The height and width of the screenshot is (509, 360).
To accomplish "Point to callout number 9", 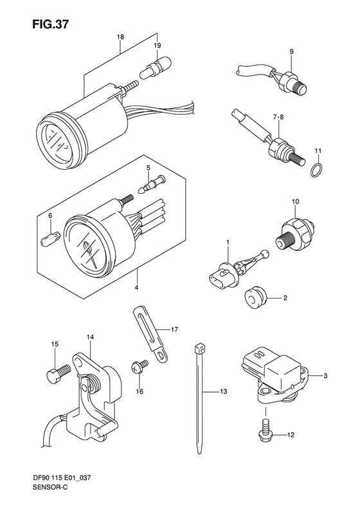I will [291, 51].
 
